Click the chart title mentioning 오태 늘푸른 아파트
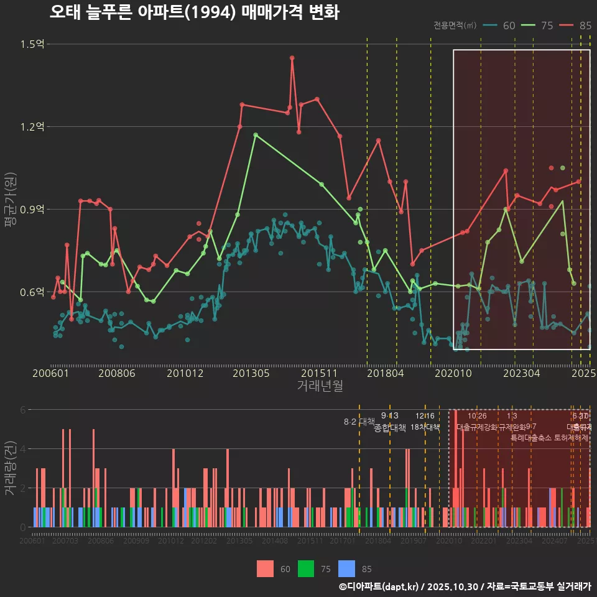pyautogui.click(x=194, y=12)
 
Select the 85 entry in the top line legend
pyautogui.click(x=585, y=25)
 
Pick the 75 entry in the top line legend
pyautogui.click(x=547, y=25)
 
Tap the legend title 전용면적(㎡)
pyautogui.click(x=455, y=25)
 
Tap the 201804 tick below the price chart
pyautogui.click(x=385, y=373)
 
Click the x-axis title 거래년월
pyautogui.click(x=320, y=386)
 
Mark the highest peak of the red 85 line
pyautogui.click(x=292, y=58)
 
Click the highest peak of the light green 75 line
pyautogui.click(x=255, y=134)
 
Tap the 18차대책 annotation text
pyautogui.click(x=425, y=427)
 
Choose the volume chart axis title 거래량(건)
pyautogui.click(x=10, y=468)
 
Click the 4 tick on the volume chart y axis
pyautogui.click(x=24, y=448)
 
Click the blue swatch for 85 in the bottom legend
pyautogui.click(x=347, y=568)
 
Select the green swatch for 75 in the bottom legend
pyautogui.click(x=306, y=568)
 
